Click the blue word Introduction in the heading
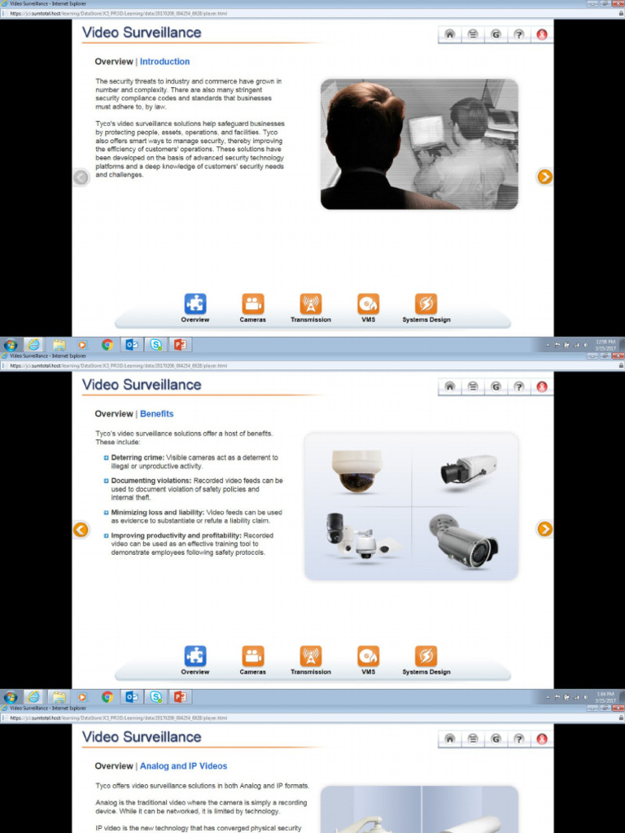coord(164,62)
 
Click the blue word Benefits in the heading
coord(156,414)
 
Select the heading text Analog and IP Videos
coord(183,766)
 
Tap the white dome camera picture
coord(356,470)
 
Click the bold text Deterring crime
coord(137,458)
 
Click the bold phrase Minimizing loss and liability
coord(157,512)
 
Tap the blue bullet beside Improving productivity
coord(106,536)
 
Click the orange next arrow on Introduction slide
coord(544,177)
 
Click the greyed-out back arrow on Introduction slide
coord(81,177)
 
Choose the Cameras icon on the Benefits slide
coord(252,656)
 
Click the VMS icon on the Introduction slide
coord(368,304)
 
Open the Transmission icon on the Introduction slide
coord(310,304)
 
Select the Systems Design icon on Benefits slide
coord(426,656)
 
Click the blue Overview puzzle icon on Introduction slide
coord(195,304)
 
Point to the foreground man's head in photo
coord(365,126)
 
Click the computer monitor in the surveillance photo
coord(426,132)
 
